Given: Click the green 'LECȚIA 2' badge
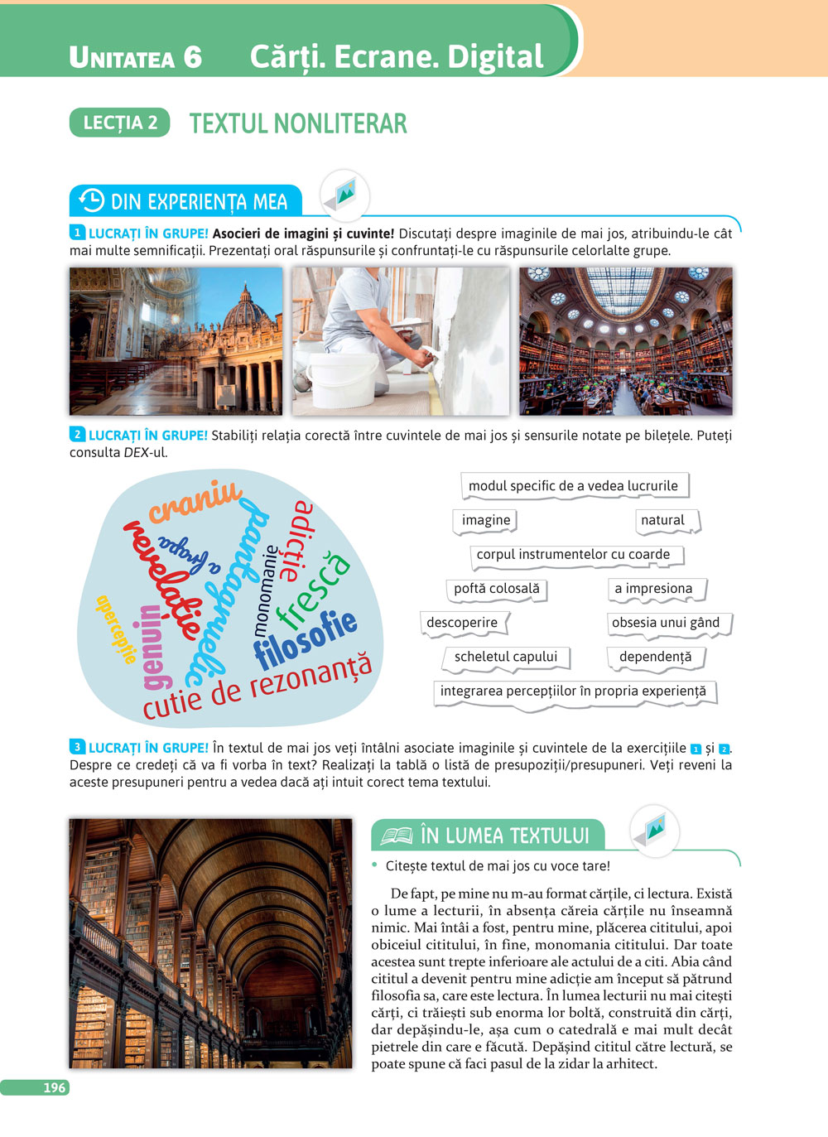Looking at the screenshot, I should [x=120, y=123].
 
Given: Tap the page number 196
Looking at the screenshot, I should [x=54, y=1087].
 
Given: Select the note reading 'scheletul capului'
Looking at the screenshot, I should [x=506, y=657].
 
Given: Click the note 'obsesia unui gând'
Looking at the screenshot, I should [x=666, y=623].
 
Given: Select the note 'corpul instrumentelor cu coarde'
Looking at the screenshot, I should [x=574, y=555].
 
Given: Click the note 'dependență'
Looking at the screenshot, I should [x=655, y=657].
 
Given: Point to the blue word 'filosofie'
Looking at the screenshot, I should [x=306, y=638].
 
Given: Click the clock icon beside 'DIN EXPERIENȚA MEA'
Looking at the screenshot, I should [x=91, y=201].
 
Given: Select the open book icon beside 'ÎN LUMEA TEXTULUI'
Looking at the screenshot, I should [x=396, y=836].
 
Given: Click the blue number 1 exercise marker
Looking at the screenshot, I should [x=77, y=234].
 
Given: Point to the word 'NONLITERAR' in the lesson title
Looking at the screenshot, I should [x=340, y=124].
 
